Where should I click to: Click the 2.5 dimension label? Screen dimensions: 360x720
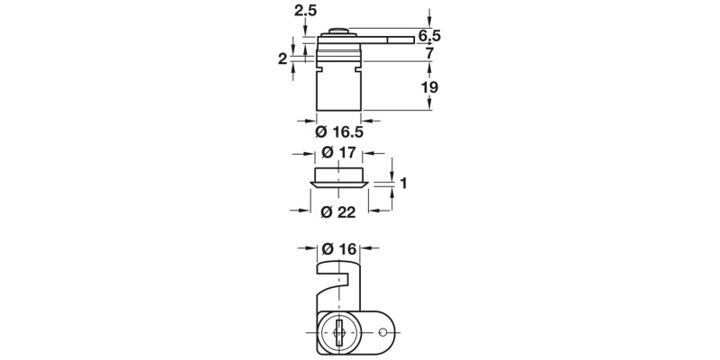[307, 11]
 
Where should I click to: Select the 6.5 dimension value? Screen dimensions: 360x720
[429, 36]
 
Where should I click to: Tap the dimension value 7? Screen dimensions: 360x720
[429, 54]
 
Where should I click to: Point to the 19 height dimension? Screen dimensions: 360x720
[429, 87]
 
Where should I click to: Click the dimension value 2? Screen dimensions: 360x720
[283, 58]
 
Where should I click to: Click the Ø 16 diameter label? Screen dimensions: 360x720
[338, 248]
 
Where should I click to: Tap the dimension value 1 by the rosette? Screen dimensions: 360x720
[404, 184]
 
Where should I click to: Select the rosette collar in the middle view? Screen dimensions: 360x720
[339, 173]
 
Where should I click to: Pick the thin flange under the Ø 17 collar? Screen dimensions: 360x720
[339, 184]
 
